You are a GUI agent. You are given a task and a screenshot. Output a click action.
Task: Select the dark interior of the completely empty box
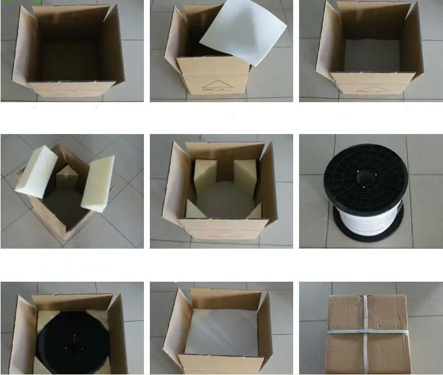click(70, 56)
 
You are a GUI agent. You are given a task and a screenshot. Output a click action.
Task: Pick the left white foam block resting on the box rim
click(37, 171)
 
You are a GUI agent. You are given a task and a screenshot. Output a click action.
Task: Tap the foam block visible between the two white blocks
click(65, 178)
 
